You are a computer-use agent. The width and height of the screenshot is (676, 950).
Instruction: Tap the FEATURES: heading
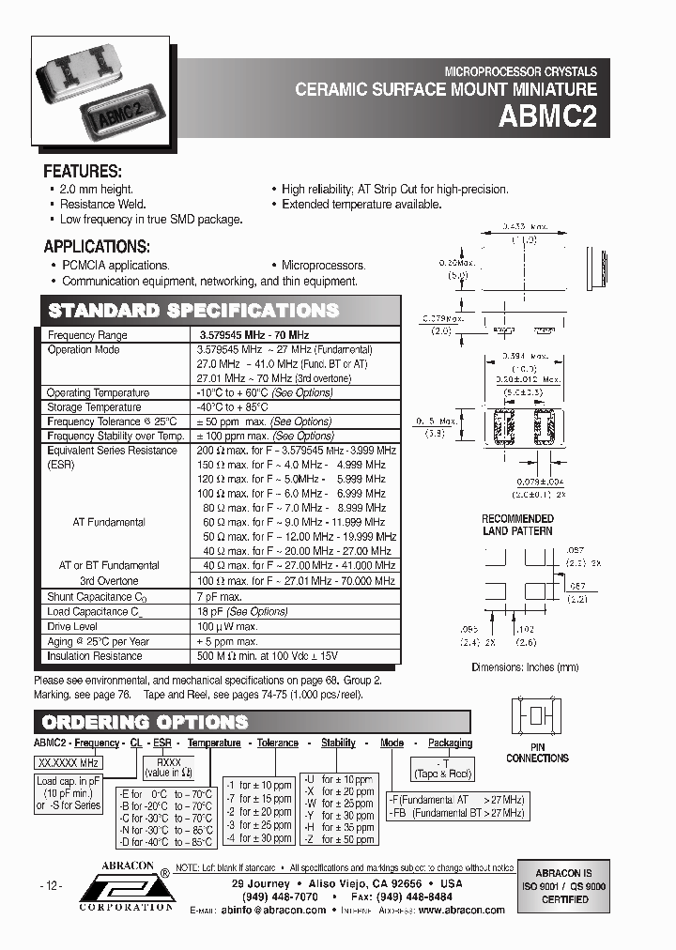click(83, 172)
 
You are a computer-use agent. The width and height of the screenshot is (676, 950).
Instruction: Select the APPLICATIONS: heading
click(97, 247)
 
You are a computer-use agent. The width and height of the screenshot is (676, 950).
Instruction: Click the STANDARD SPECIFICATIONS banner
click(193, 311)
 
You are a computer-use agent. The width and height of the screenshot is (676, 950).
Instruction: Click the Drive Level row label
click(72, 626)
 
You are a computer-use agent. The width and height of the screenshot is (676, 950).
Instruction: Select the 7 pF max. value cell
click(219, 596)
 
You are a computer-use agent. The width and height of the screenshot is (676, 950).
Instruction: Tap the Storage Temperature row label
click(94, 407)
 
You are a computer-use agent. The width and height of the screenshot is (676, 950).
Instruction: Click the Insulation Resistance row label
click(95, 656)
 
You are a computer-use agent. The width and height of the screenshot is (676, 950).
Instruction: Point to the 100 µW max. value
click(227, 626)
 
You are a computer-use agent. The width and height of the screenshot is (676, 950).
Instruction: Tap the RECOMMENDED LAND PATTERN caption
click(517, 525)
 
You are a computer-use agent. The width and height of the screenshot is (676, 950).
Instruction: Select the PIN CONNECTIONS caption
click(537, 752)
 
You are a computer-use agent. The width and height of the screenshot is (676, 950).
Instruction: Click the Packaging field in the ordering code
click(451, 743)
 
